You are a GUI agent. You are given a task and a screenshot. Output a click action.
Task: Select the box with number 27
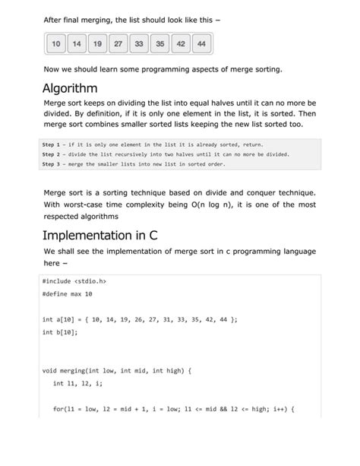click(x=118, y=45)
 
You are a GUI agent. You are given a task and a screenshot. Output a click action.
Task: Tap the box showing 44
click(x=201, y=45)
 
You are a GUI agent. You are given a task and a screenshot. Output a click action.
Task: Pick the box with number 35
click(x=159, y=45)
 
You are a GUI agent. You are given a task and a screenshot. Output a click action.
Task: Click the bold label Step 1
click(x=55, y=143)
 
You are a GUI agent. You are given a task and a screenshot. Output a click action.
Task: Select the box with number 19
click(x=98, y=45)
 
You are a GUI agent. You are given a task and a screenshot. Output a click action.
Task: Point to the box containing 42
click(x=180, y=45)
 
